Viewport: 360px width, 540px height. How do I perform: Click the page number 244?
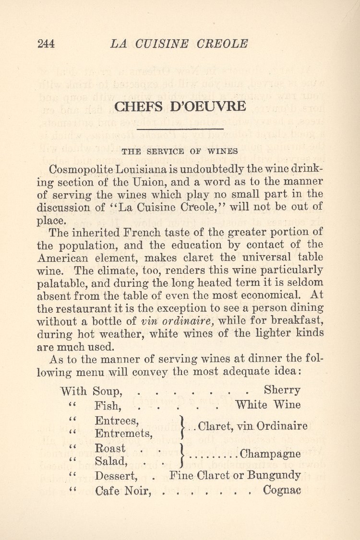click(46, 44)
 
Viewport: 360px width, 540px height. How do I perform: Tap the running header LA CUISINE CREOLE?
click(179, 44)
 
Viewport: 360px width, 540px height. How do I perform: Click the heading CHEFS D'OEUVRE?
click(180, 106)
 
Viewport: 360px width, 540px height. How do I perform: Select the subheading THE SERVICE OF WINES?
click(180, 152)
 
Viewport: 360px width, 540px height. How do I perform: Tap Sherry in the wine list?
click(282, 390)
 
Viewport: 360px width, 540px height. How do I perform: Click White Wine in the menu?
click(268, 405)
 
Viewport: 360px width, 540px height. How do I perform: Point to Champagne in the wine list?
click(270, 454)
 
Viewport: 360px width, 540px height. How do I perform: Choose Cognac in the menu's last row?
click(282, 491)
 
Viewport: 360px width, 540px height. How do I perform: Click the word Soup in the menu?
click(108, 391)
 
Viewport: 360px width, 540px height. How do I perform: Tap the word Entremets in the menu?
click(124, 434)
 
